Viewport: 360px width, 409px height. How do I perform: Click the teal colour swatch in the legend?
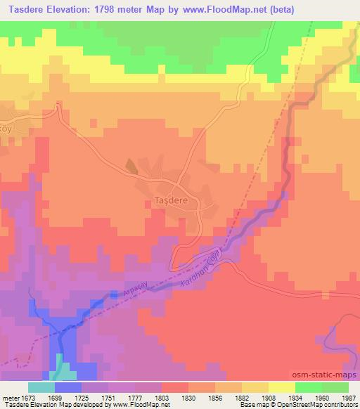(x=41, y=387)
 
